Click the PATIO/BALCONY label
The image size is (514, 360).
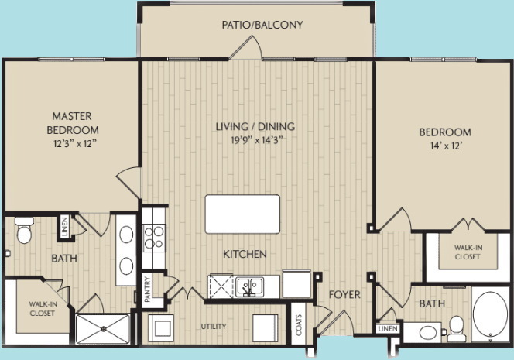click(x=262, y=25)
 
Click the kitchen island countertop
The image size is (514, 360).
click(x=242, y=214)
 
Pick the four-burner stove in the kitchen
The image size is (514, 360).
click(x=154, y=235)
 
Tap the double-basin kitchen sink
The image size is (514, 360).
click(x=248, y=286)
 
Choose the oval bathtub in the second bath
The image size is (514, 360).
click(x=490, y=316)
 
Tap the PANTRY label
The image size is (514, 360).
click(x=148, y=290)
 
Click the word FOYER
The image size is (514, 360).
click(x=341, y=295)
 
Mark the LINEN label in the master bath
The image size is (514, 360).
click(x=64, y=228)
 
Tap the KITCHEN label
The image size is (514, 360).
click(x=245, y=254)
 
